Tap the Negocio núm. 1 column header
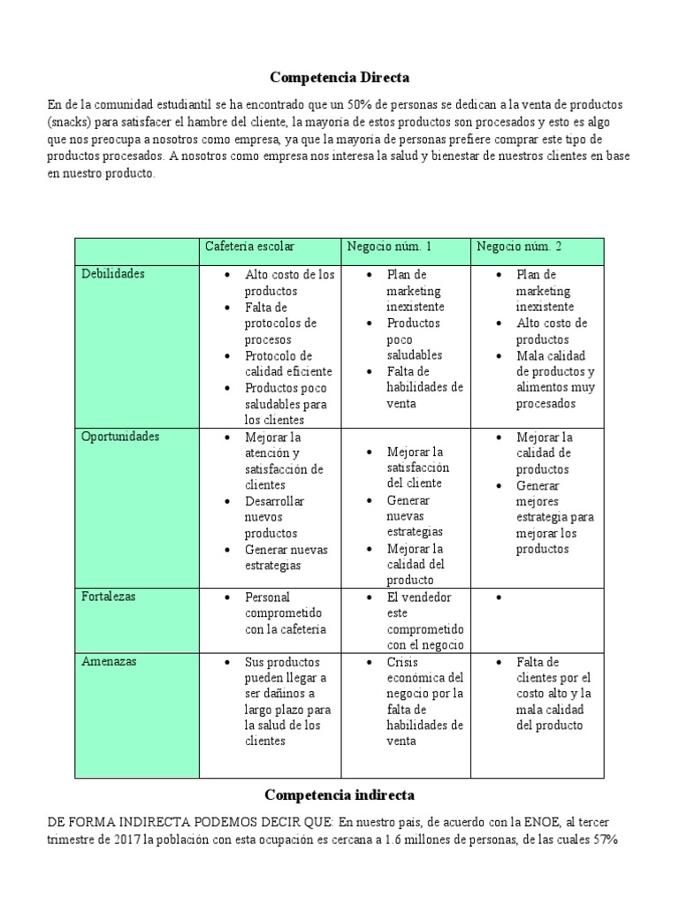(389, 246)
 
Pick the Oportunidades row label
(120, 437)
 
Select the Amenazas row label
(108, 662)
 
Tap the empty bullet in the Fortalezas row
(500, 598)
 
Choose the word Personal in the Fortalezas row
(267, 597)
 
